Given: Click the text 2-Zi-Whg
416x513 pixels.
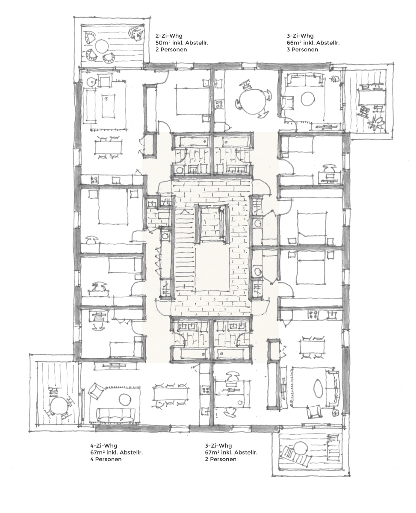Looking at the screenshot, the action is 169,36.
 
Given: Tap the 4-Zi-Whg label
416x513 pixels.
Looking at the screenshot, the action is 103,445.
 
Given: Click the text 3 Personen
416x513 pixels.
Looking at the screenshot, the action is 302,50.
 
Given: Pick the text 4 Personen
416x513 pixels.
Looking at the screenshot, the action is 106,459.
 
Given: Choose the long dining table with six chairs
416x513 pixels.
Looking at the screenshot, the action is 170,395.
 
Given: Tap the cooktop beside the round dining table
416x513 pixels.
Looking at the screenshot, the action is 219,104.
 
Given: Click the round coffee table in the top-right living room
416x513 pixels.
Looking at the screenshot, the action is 308,98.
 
